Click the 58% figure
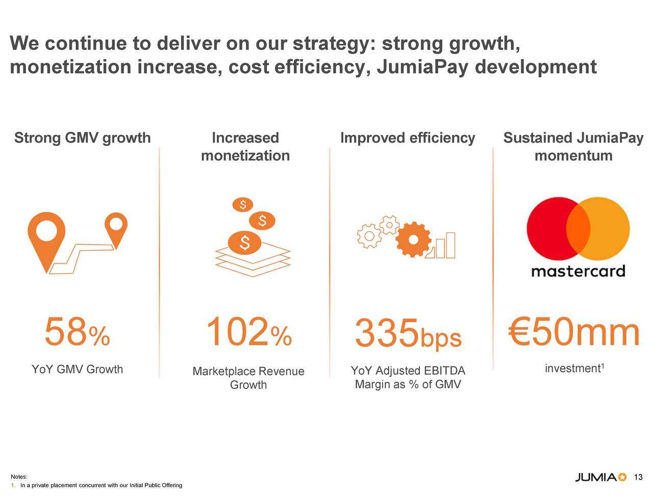77,332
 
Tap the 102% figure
248,332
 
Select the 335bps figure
408,334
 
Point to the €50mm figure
573,332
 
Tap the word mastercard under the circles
578,271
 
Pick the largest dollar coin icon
245,243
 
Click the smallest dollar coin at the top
243,205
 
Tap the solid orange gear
413,240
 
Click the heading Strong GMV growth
82,138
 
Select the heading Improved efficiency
407,138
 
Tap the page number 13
638,478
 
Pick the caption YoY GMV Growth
77,369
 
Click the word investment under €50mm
572,368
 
